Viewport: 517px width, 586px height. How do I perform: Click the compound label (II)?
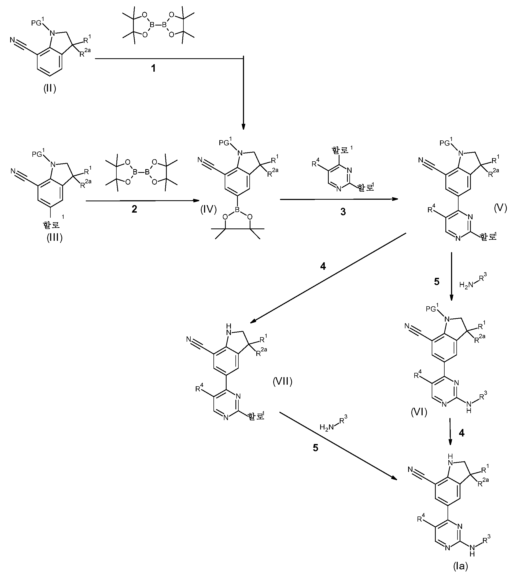coord(50,89)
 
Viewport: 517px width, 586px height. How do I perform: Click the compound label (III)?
coord(54,238)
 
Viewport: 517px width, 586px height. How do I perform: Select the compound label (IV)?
coord(208,210)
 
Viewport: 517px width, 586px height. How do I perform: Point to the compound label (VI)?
coord(419,413)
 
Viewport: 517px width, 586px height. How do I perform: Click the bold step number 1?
coord(154,68)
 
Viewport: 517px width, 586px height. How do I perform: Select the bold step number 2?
coord(134,209)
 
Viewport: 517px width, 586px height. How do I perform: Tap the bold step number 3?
coord(343,212)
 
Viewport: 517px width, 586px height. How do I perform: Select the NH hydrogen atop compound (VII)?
coord(228,326)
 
